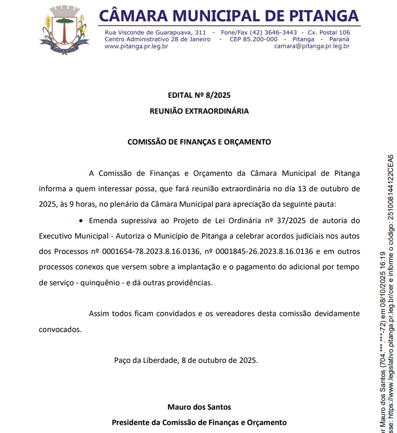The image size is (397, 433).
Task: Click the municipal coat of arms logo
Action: (64, 28)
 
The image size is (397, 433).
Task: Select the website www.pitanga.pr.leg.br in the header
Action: (136, 46)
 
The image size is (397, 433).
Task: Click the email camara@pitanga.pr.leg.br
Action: (311, 46)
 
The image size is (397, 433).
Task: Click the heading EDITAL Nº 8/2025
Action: (199, 96)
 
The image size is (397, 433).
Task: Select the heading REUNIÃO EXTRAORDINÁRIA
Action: (199, 111)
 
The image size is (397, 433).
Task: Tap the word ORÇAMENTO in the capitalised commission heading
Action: (247, 142)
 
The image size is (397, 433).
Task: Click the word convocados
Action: (60, 329)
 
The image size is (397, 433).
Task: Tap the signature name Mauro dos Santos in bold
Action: (199, 407)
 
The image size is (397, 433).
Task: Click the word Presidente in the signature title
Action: (130, 422)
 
